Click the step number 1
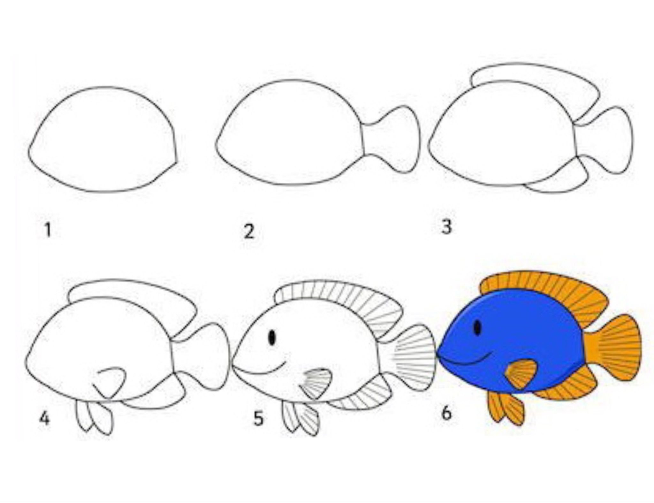[x=48, y=231]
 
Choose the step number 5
[x=259, y=418]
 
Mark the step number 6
[x=446, y=413]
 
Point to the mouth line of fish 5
[x=262, y=371]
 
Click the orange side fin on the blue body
[x=521, y=374]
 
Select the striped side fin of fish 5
[x=316, y=383]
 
